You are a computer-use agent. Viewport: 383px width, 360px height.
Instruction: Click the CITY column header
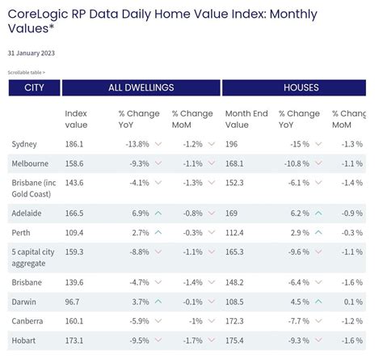[x=34, y=87]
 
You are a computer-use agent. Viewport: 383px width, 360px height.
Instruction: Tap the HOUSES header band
[x=300, y=87]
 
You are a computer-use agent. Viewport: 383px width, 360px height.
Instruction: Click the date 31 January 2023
[x=32, y=53]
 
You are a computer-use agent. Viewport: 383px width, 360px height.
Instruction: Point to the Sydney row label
[x=24, y=144]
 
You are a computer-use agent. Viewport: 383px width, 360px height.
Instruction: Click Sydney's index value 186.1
[x=75, y=144]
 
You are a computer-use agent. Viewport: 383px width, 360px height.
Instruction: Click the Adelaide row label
[x=27, y=213]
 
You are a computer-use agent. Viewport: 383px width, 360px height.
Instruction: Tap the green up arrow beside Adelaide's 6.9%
[x=158, y=213]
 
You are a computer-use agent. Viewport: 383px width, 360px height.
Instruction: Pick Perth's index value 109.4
[x=75, y=232]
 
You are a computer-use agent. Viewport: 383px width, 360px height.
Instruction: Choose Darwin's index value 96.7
[x=73, y=302]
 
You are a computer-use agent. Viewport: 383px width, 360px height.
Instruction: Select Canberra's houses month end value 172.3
[x=237, y=321]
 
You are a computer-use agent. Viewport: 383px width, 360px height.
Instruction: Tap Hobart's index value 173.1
[x=75, y=341]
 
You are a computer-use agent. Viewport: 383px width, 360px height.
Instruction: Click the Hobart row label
[x=23, y=341]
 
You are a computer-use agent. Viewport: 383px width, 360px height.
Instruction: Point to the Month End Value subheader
[x=246, y=119]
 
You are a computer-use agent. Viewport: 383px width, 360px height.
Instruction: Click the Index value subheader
[x=76, y=119]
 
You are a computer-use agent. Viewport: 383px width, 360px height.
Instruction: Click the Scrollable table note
[x=27, y=72]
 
